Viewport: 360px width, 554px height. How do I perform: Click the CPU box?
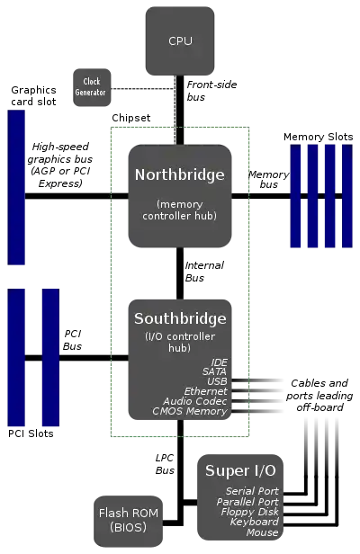point(180,40)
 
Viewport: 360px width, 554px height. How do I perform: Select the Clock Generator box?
point(92,87)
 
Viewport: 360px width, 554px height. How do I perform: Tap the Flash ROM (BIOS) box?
point(129,521)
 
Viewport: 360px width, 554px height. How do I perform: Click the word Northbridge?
point(180,174)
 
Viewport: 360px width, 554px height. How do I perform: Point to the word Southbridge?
point(180,318)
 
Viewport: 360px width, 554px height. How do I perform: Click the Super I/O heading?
point(240,470)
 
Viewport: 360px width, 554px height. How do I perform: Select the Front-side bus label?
point(211,91)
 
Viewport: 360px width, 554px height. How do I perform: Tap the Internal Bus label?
point(204,272)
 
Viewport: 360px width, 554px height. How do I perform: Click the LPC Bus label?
point(165,464)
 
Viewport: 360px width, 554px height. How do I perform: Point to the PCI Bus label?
point(73,340)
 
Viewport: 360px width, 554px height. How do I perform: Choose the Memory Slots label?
point(319,137)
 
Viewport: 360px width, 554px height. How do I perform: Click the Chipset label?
point(130,118)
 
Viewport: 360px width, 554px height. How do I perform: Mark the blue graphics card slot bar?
point(16,187)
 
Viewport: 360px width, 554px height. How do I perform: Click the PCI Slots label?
point(31,433)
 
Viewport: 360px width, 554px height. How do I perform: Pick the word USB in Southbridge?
point(217,381)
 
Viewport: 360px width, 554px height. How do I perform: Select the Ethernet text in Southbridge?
point(206,391)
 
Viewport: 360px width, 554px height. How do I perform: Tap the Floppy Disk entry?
point(250,512)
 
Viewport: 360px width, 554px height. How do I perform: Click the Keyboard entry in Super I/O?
point(255,522)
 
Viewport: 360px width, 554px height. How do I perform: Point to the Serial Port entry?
point(252,491)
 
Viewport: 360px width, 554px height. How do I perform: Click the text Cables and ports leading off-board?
point(319,395)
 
